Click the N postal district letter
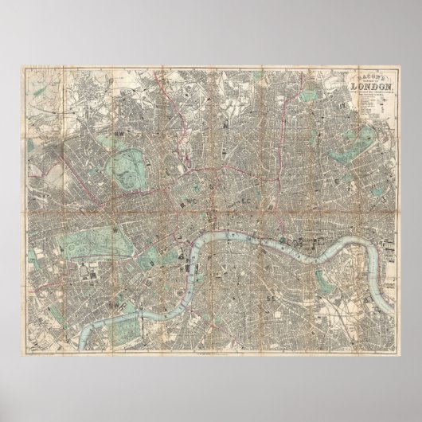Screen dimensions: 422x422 [225, 125]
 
